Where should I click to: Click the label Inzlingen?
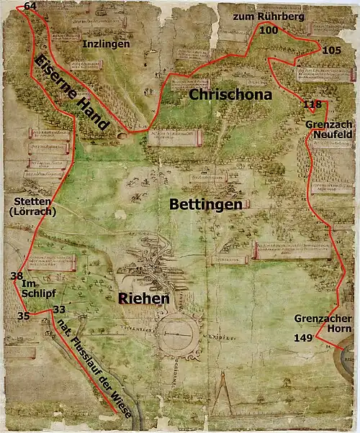(106, 44)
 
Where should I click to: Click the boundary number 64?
(30, 6)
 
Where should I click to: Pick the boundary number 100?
(268, 30)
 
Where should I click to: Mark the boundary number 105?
(332, 50)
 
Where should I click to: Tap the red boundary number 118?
(312, 105)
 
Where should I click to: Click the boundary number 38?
(17, 276)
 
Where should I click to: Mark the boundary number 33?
(59, 309)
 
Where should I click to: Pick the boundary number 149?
(303, 337)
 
